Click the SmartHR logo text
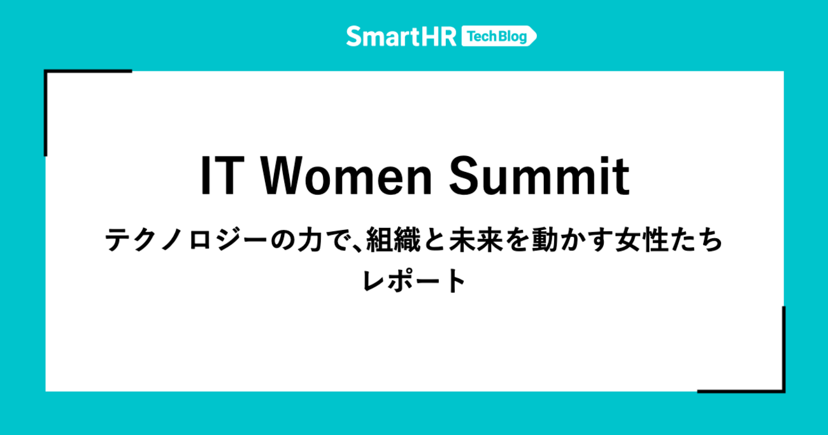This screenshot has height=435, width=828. pyautogui.click(x=401, y=36)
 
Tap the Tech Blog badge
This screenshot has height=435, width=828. pyautogui.click(x=499, y=36)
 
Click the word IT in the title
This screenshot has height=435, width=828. pyautogui.click(x=222, y=176)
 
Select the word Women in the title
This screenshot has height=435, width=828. pyautogui.click(x=346, y=176)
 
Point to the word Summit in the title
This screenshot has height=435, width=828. pyautogui.click(x=539, y=176)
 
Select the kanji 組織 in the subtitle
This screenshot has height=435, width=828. pyautogui.click(x=394, y=240)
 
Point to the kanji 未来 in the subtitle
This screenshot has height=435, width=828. pyautogui.click(x=476, y=240)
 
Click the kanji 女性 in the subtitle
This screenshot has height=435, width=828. pyautogui.click(x=641, y=240)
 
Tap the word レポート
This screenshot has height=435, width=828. pyautogui.click(x=414, y=280)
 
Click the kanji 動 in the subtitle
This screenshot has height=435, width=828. pyautogui.click(x=545, y=240)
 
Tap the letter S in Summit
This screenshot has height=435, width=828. pyautogui.click(x=464, y=176)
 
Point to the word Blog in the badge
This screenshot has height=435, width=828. pyautogui.click(x=512, y=36)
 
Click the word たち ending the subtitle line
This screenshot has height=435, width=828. pyautogui.click(x=696, y=240)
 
